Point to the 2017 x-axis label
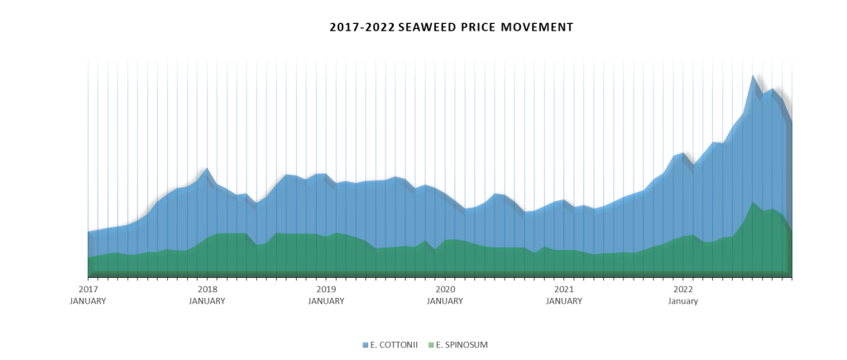pos(88,290)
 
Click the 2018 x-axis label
pos(207,290)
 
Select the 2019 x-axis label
pos(326,290)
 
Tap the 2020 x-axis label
pos(445,290)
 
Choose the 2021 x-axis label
pos(564,290)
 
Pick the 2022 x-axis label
pos(683,290)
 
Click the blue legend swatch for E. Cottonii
pos(365,344)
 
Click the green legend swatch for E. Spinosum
pos(430,344)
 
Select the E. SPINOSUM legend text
pos(461,344)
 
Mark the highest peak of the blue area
pos(754,75)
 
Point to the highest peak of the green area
pos(754,202)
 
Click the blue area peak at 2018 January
pos(207,169)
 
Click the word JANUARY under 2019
pos(326,301)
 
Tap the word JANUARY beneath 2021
pos(564,301)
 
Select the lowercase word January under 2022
pos(683,301)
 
